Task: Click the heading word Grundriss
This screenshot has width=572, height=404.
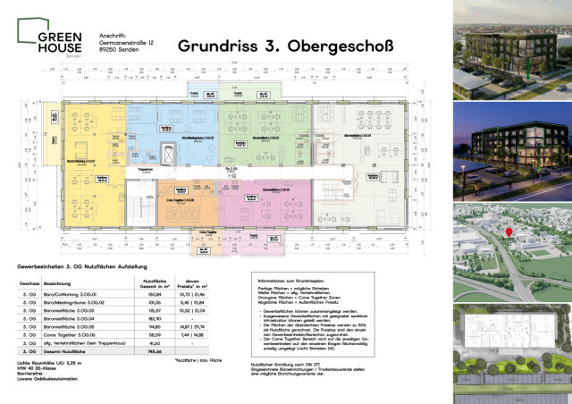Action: click(x=215, y=45)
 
